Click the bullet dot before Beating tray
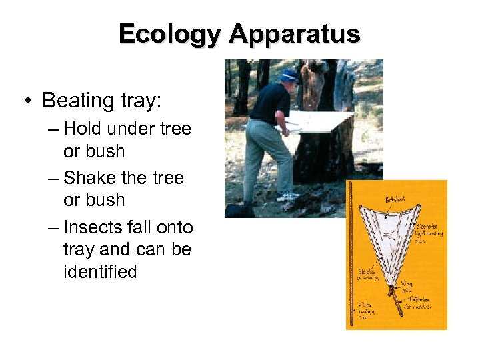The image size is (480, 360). [25, 101]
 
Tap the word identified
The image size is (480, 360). [100, 272]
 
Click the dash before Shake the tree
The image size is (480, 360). [53, 177]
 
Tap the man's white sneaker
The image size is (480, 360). [288, 197]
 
